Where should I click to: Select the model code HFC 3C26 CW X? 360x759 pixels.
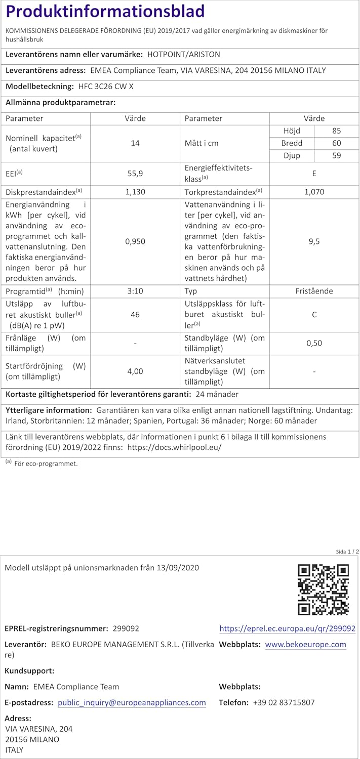[106, 87]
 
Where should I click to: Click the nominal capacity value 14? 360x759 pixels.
[135, 143]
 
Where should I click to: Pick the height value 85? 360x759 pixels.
[337, 131]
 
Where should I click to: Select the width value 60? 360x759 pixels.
[337, 143]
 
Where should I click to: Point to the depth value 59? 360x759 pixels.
[337, 156]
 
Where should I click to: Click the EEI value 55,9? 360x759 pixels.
[135, 173]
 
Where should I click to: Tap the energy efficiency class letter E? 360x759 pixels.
[314, 173]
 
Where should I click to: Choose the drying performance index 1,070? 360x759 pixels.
[314, 192]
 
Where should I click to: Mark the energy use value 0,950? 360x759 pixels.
[135, 241]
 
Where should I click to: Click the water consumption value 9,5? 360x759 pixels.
[314, 241]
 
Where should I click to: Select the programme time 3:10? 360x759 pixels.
[135, 291]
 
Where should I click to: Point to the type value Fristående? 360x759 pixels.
[314, 291]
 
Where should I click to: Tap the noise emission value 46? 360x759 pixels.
[135, 314]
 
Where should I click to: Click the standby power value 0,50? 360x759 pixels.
[314, 343]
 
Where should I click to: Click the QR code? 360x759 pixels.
[323, 589]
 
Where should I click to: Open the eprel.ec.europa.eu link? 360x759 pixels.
[287, 628]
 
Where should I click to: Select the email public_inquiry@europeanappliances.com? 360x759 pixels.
[132, 702]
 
